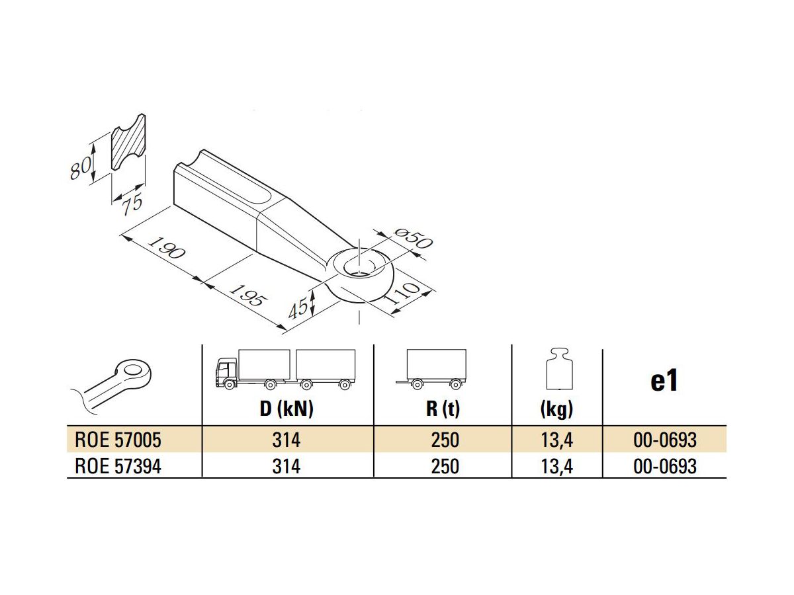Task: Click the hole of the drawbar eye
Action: [x=360, y=265]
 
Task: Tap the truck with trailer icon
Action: [x=285, y=368]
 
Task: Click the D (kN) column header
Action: [x=286, y=409]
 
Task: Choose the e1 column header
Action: [x=664, y=381]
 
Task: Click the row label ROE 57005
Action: [x=117, y=440]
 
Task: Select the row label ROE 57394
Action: [x=117, y=466]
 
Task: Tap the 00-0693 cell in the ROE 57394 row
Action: [x=664, y=466]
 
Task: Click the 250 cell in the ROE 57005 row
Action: [x=444, y=440]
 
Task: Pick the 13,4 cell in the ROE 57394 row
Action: [x=556, y=466]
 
